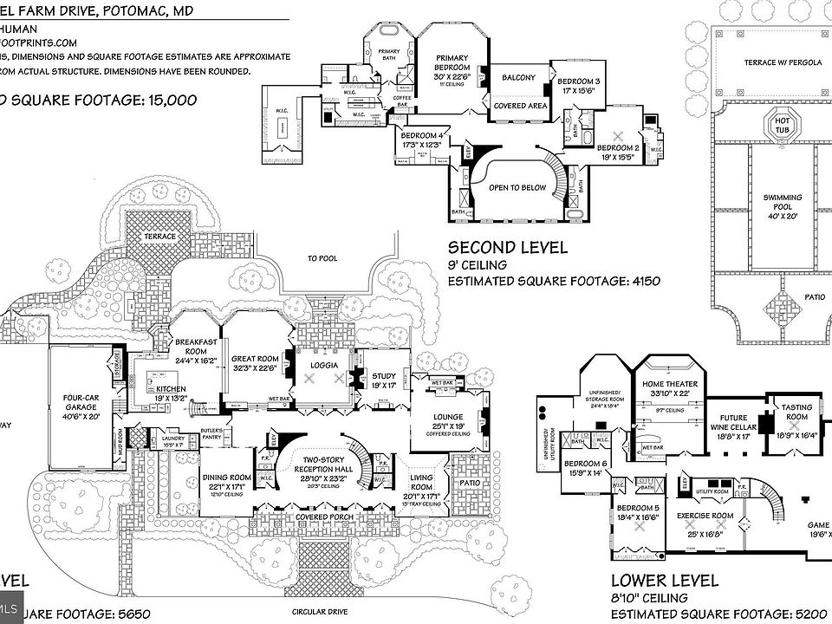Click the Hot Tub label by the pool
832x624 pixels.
pos(783,124)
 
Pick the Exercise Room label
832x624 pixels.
pos(705,517)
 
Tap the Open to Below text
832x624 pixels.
pos(517,187)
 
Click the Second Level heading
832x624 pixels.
pos(508,248)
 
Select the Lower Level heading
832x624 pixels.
pos(665,580)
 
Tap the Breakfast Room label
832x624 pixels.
pos(196,346)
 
